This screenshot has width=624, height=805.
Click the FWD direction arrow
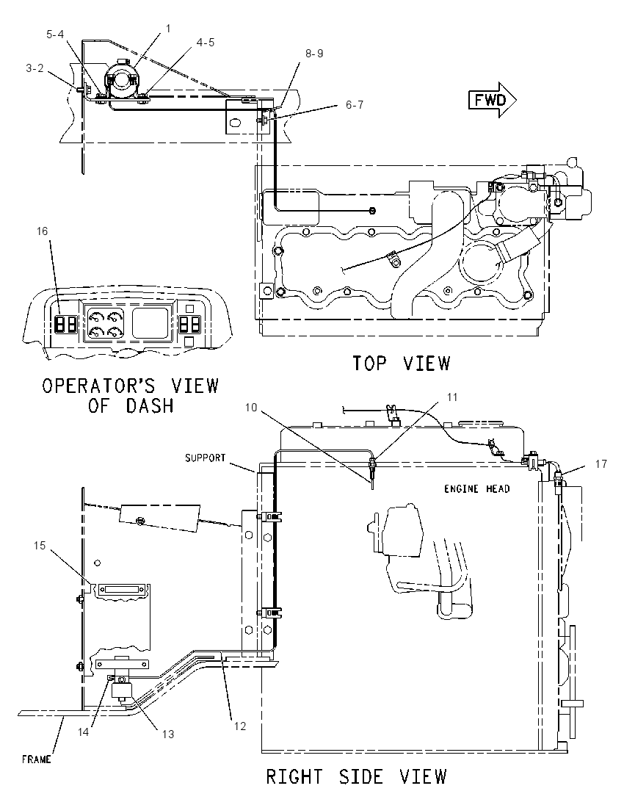click(x=492, y=100)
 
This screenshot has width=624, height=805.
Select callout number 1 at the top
click(x=167, y=29)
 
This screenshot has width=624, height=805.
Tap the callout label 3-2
click(x=35, y=68)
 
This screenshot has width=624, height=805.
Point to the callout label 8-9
click(x=314, y=54)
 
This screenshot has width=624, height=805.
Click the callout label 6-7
click(x=354, y=105)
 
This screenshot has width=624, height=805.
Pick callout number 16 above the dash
click(x=42, y=231)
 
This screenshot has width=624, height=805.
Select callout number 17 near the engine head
click(x=601, y=464)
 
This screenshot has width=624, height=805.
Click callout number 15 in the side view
click(x=40, y=545)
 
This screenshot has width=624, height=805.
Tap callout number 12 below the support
click(x=239, y=726)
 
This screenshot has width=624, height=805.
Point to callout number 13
click(x=168, y=734)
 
